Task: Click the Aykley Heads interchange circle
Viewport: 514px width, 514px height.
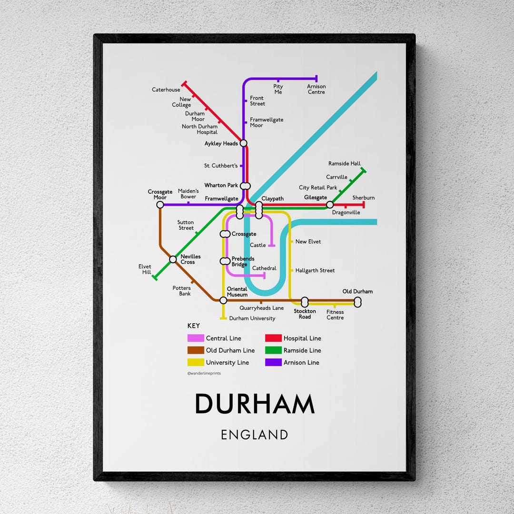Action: click(x=244, y=143)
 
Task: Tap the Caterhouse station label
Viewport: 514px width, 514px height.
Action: click(x=166, y=89)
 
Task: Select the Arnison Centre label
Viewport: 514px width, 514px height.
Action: click(x=316, y=89)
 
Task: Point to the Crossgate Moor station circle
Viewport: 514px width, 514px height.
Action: click(x=160, y=205)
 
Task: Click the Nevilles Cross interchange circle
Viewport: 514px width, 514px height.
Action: click(x=173, y=259)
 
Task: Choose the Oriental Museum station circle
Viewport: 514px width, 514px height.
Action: click(x=223, y=300)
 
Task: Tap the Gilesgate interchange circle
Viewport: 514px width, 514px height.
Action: click(x=329, y=205)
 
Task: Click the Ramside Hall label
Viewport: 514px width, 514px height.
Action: click(x=345, y=163)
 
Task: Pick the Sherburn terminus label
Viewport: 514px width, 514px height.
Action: click(x=364, y=198)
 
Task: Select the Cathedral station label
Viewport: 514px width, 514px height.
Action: click(x=264, y=268)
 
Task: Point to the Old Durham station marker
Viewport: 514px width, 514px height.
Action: click(x=358, y=301)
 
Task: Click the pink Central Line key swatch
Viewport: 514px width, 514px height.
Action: click(x=196, y=338)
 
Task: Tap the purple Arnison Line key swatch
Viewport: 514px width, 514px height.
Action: click(x=273, y=362)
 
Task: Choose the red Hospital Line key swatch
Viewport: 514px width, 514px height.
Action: click(x=273, y=338)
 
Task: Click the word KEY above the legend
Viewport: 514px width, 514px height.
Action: click(x=194, y=326)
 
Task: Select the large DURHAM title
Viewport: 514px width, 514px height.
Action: click(x=255, y=404)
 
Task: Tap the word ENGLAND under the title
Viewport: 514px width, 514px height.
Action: click(x=255, y=435)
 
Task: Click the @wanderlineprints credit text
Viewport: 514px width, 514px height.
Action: click(x=204, y=374)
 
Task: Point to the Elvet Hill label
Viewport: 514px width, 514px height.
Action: click(x=145, y=269)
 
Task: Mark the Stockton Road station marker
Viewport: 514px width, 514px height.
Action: click(x=305, y=302)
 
